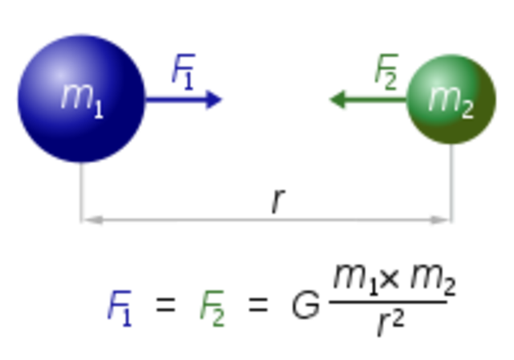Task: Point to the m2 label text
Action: click(x=450, y=100)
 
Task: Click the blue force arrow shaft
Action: click(x=177, y=99)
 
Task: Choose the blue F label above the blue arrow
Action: click(x=183, y=67)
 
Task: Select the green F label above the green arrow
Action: click(x=386, y=67)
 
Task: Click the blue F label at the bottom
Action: click(x=119, y=305)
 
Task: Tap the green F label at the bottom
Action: click(x=213, y=305)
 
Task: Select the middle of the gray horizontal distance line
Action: click(x=267, y=219)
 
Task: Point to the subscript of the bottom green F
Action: click(x=220, y=323)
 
